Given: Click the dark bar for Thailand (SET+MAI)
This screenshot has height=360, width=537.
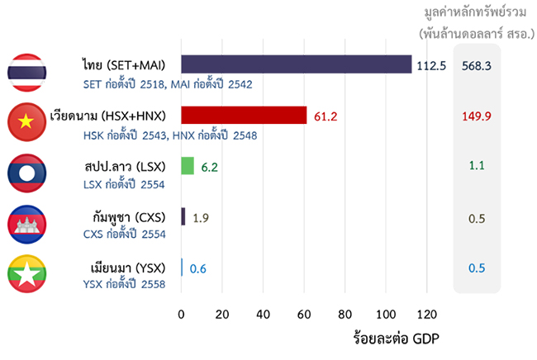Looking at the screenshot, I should [x=296, y=64].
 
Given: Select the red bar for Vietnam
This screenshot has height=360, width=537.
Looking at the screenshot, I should [x=244, y=116].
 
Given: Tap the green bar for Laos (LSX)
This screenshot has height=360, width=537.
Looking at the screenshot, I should [x=188, y=166].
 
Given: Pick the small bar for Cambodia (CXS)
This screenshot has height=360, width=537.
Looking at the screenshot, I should [x=183, y=217].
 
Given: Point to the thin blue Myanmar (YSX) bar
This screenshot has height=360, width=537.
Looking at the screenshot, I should [x=182, y=268].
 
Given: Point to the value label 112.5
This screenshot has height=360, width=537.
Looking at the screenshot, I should [x=431, y=65].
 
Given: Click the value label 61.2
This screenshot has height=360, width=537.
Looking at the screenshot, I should [x=326, y=116].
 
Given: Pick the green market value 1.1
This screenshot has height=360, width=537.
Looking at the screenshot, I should [x=477, y=166].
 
